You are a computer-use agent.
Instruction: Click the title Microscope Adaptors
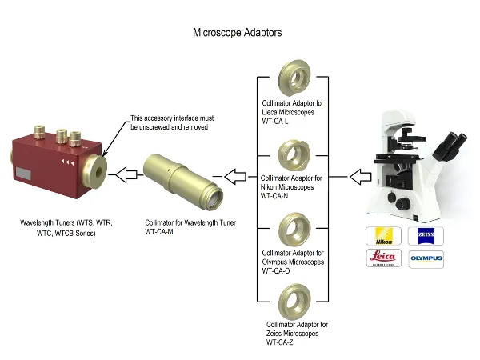click(x=238, y=34)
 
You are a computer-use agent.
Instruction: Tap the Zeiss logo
click(x=425, y=236)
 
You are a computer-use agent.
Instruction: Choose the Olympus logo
click(x=425, y=258)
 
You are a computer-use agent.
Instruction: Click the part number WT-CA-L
click(x=281, y=121)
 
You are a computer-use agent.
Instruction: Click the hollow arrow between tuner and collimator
click(x=127, y=173)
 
